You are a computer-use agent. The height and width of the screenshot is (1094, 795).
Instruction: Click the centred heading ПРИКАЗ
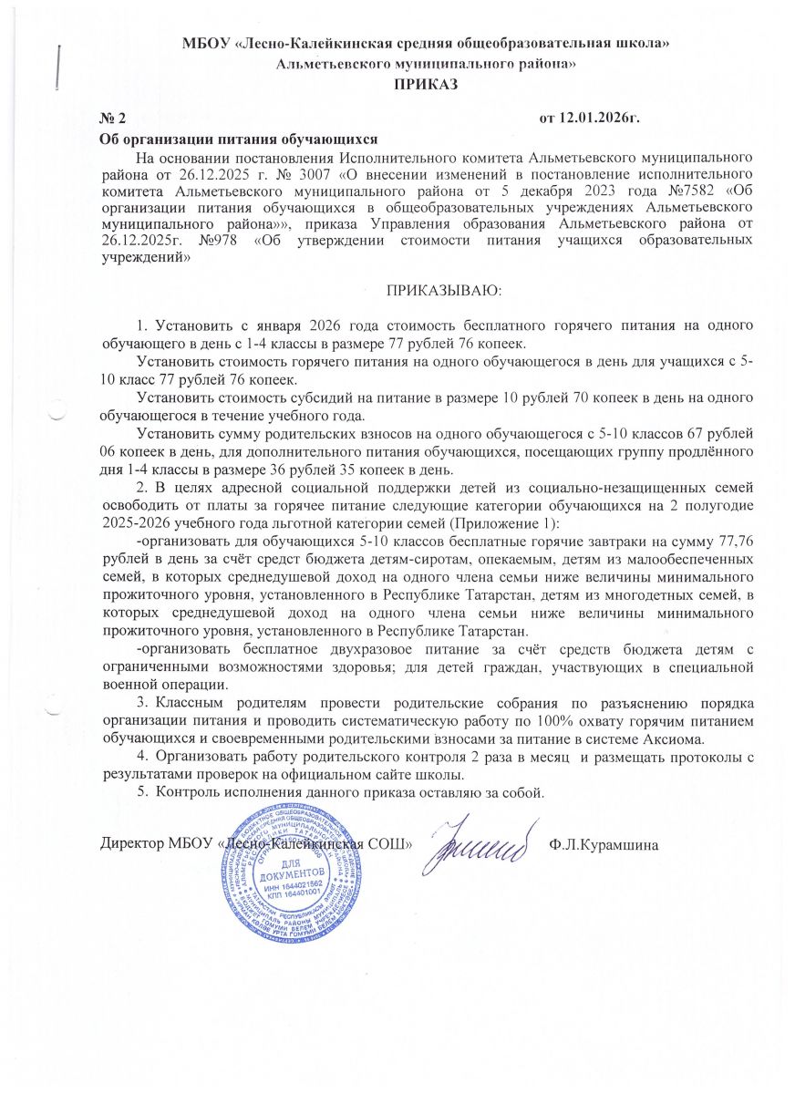tap(424, 85)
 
